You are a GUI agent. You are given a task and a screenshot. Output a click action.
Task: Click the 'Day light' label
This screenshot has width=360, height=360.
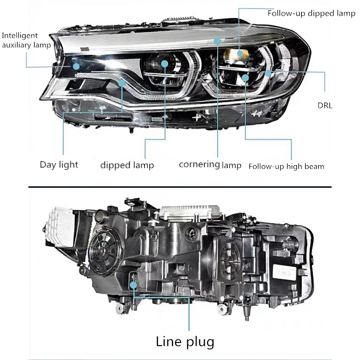(58, 164)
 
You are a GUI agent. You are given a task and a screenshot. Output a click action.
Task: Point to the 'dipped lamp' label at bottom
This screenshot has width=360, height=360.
(127, 165)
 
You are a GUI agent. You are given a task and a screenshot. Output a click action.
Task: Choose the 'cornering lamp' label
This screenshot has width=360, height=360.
(210, 164)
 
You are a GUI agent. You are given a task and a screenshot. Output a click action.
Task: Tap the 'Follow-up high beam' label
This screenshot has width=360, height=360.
(286, 166)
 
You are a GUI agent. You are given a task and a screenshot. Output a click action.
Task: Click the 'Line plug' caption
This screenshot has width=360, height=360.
(185, 342)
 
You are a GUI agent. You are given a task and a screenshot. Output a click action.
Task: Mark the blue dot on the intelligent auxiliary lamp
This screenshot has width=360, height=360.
(76, 66)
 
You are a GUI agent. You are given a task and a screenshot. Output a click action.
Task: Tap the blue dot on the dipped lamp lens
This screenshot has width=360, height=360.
(164, 64)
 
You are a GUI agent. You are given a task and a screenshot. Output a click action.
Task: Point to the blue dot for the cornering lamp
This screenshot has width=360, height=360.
(217, 41)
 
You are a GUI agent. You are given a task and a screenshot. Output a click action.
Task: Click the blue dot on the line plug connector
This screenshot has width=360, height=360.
(133, 284)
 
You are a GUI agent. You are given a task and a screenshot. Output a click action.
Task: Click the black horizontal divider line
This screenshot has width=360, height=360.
(180, 186)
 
